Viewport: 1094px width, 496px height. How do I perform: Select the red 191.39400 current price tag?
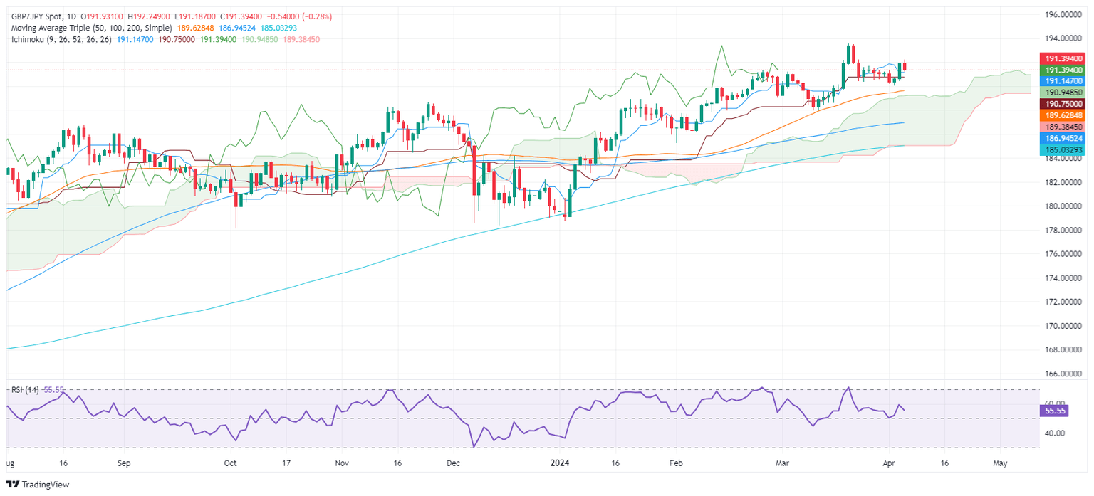pos(1058,58)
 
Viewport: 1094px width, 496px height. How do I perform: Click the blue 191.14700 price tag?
pos(1058,81)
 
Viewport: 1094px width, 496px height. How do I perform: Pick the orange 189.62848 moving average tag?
pos(1058,115)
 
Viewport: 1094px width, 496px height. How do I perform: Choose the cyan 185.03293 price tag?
pos(1058,150)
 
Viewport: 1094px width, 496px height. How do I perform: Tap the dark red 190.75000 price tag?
pos(1058,103)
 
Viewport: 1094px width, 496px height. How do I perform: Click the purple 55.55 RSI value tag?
pos(1053,411)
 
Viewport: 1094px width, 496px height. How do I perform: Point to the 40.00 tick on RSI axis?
pos(1053,433)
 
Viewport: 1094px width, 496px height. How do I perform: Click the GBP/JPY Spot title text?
pos(35,16)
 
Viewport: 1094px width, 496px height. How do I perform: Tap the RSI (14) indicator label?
pos(26,390)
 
